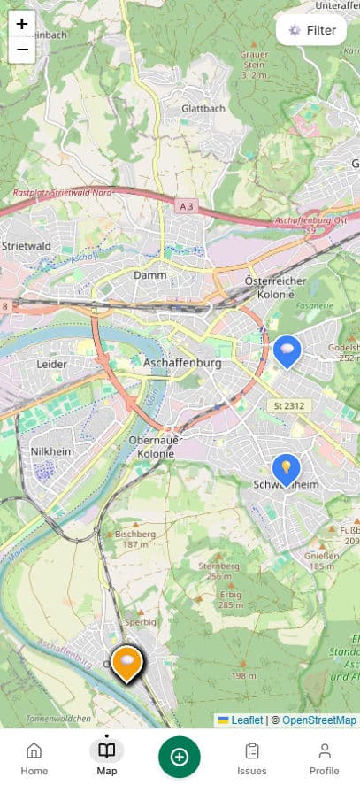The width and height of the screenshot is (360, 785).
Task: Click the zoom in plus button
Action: (x=22, y=24)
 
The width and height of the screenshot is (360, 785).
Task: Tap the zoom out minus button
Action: (x=22, y=50)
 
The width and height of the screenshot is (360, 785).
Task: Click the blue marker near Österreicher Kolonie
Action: (x=286, y=350)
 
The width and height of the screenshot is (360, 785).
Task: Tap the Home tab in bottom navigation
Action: (x=34, y=758)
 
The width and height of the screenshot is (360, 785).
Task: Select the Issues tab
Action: (x=252, y=758)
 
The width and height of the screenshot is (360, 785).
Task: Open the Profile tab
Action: (x=325, y=758)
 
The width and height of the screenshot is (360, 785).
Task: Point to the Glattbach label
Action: (x=203, y=108)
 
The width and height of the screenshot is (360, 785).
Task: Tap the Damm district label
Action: (x=149, y=275)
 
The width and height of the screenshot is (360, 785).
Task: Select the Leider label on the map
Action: (x=52, y=363)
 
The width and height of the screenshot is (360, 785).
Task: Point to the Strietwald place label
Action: (x=26, y=245)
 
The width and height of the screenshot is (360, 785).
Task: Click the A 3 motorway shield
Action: (x=185, y=206)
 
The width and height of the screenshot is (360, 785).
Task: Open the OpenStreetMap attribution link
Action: (x=319, y=720)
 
